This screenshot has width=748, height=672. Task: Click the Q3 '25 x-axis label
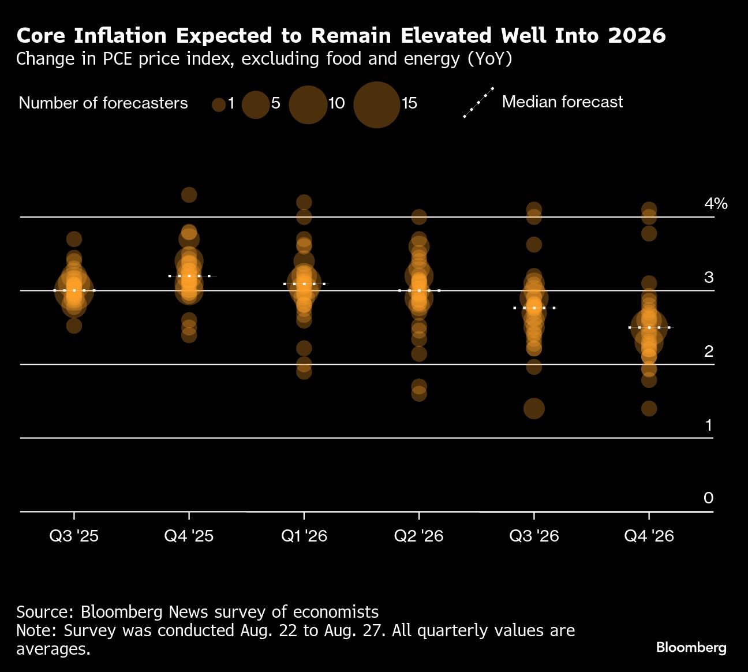coord(74,536)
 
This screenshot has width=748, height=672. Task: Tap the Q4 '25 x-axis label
coord(189,536)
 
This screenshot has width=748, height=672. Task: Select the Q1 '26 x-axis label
coord(304,536)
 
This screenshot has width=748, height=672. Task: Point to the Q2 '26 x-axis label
coord(418,536)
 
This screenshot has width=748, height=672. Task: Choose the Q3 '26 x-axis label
coord(534,536)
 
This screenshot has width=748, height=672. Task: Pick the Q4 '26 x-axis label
coord(649,536)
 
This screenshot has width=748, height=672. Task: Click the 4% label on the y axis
coord(716,203)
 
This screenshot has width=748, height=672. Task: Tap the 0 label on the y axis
coord(709,498)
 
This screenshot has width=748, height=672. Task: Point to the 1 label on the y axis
coord(709,425)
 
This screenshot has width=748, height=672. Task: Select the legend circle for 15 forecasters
coord(376,104)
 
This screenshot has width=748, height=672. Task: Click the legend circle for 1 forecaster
coord(219,104)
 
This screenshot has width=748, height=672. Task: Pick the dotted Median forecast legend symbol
coord(479,102)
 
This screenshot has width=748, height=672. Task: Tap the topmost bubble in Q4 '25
coord(189,195)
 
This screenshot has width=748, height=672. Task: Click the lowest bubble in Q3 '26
coord(534,409)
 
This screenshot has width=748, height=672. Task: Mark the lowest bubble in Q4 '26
coord(649,409)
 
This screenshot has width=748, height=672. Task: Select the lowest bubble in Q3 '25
coord(74,326)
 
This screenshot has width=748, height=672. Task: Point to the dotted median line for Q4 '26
coord(649,327)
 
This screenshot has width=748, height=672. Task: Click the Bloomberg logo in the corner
coord(691,648)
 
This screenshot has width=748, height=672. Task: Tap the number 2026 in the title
coord(637,36)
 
